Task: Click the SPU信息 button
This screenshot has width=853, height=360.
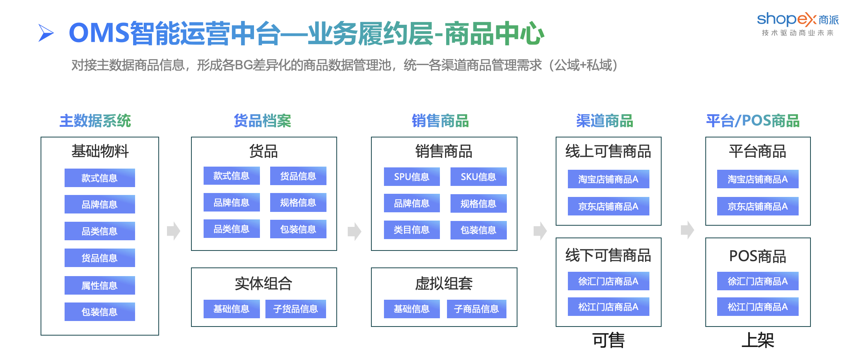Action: click(x=412, y=177)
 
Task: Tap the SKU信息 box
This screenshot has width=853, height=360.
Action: click(x=478, y=177)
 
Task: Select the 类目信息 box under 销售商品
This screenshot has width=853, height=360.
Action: click(x=412, y=230)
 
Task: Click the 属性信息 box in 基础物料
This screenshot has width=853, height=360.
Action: click(x=100, y=285)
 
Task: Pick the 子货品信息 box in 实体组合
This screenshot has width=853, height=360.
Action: click(x=295, y=309)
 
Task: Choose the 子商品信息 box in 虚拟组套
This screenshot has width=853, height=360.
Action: click(x=477, y=309)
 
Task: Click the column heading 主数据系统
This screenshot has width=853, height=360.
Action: click(x=95, y=121)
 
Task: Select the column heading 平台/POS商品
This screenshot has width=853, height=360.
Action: click(x=753, y=121)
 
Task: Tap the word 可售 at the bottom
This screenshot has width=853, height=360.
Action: click(x=608, y=340)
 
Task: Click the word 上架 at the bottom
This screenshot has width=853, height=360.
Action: click(x=758, y=340)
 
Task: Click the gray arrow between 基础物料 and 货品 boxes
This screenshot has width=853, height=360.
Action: click(x=174, y=231)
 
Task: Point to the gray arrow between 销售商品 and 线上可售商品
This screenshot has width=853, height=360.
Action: click(x=540, y=231)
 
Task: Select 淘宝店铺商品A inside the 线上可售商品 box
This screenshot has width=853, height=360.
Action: click(x=608, y=179)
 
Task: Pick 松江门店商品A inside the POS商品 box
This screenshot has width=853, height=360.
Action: click(x=758, y=307)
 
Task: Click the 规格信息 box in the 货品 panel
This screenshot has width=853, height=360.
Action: click(x=298, y=202)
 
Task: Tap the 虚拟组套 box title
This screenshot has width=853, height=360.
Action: click(x=444, y=283)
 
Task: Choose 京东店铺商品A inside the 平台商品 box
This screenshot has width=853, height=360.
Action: click(x=758, y=206)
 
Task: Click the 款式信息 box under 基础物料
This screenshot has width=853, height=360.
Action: click(x=100, y=178)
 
